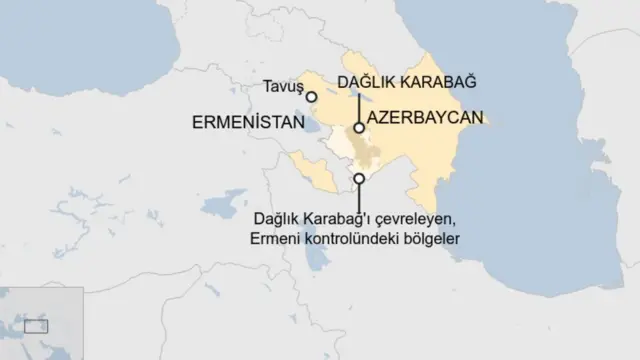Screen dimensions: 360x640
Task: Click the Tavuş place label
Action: (282, 88)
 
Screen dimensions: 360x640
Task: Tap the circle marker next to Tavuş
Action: (311, 97)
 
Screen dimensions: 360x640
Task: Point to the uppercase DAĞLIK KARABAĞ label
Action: (405, 79)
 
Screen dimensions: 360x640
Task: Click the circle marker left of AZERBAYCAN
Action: (358, 127)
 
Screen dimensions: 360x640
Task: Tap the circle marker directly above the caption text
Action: (359, 179)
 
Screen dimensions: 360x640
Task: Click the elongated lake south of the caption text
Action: (317, 263)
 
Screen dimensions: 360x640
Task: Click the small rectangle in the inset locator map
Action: (36, 326)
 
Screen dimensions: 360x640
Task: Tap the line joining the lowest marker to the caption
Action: (359, 195)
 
